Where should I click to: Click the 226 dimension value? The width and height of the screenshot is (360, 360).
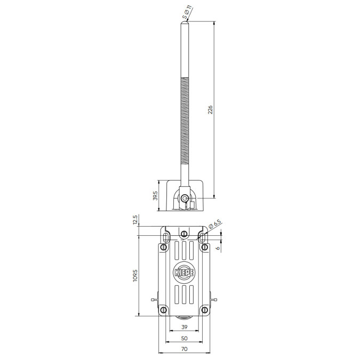click(210, 110)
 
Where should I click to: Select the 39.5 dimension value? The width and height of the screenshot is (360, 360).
click(155, 196)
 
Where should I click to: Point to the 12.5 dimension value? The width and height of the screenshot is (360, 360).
click(135, 220)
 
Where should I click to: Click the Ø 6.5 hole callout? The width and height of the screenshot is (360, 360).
click(215, 225)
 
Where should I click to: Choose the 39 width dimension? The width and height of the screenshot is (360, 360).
click(185, 327)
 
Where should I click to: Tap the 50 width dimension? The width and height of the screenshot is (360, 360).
click(185, 338)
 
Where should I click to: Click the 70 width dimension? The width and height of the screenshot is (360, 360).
click(185, 349)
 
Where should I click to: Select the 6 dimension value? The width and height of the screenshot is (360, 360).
click(218, 248)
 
